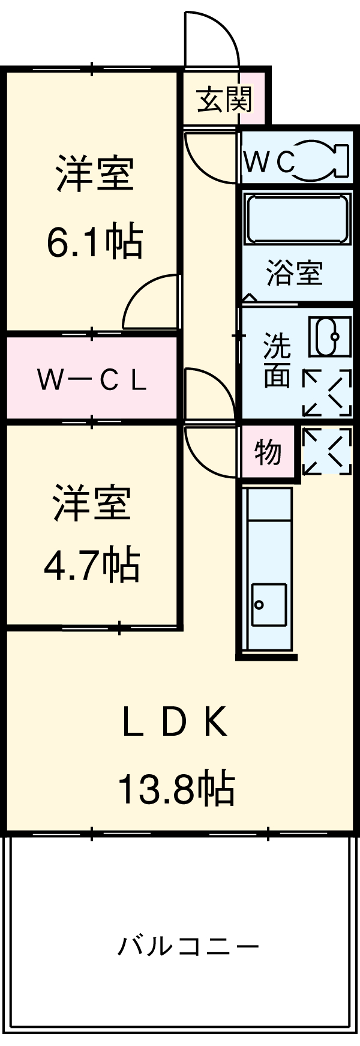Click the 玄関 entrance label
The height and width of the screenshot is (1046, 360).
[224, 99]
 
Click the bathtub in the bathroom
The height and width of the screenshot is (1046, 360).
[297, 219]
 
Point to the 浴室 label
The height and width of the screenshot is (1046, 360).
[295, 274]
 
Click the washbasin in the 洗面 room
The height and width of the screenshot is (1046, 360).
[329, 337]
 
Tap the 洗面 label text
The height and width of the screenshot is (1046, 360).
[277, 360]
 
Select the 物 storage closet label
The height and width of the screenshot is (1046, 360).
[268, 451]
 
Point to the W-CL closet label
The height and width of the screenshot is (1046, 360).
[92, 379]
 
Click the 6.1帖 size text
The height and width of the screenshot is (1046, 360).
[95, 242]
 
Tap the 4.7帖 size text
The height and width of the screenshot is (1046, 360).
[92, 565]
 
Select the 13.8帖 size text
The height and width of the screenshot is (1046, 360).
[175, 789]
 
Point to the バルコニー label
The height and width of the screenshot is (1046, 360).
[188, 947]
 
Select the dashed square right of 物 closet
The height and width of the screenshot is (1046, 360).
[326, 451]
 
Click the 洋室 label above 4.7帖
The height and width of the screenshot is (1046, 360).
[92, 503]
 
